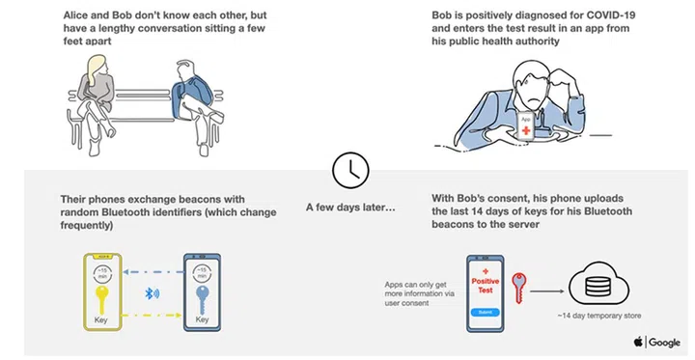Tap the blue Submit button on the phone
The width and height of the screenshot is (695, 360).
485,312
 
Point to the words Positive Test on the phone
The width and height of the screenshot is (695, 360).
486,284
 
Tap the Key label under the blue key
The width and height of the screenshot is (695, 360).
202,318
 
